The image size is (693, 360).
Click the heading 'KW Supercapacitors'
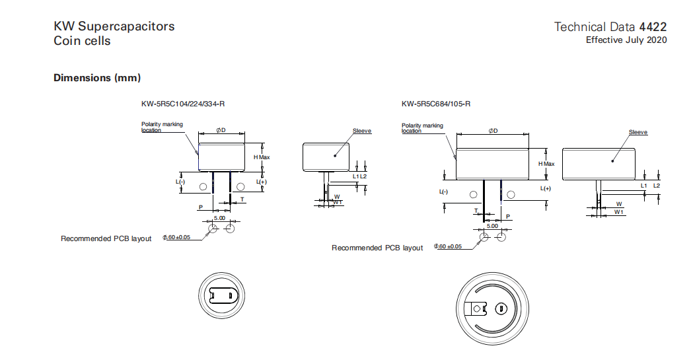click(114, 26)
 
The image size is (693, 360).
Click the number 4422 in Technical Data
click(653, 27)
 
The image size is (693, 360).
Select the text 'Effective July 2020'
click(626, 40)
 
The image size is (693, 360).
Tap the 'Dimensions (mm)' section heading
click(97, 78)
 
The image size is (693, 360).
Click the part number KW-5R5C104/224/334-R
click(178, 104)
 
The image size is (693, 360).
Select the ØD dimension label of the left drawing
click(221, 130)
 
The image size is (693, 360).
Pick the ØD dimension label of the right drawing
click(493, 131)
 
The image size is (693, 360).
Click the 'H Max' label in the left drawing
click(262, 157)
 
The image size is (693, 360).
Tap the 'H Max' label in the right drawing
click(546, 164)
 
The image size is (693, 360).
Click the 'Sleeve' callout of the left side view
click(362, 131)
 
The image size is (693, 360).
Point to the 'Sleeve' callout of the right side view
click(638, 133)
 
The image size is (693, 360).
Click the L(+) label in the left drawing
click(262, 182)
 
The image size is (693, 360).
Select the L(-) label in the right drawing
click(443, 192)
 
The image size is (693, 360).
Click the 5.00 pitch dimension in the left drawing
click(218, 217)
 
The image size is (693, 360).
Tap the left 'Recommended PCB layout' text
click(106, 238)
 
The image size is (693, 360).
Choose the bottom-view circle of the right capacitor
click(490, 308)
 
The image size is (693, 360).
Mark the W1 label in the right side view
click(618, 212)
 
